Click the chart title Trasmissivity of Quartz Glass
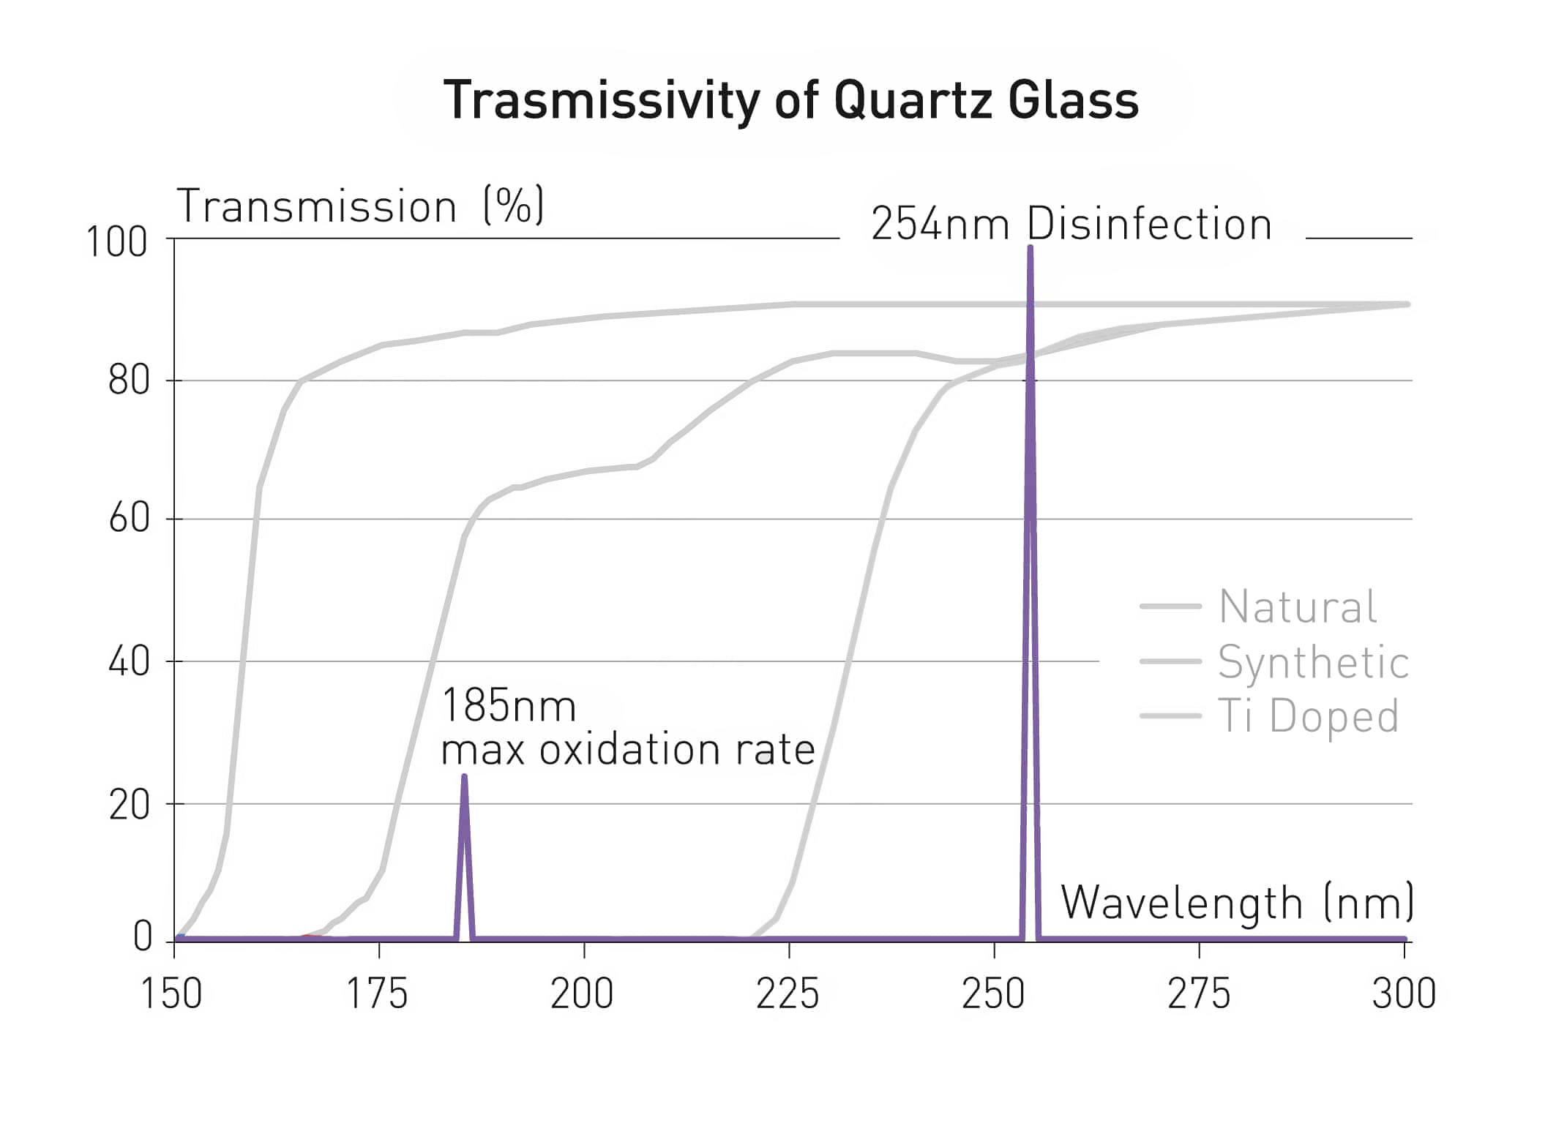click(x=790, y=100)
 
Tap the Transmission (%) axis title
click(x=360, y=206)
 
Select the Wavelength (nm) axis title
click(x=1236, y=903)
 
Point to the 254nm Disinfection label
click(x=1071, y=224)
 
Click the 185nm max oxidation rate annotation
click(x=627, y=728)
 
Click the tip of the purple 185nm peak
click(x=464, y=776)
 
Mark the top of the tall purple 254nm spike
click(x=1030, y=247)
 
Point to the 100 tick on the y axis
click(x=117, y=242)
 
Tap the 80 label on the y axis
click(x=129, y=380)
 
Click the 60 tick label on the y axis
click(x=129, y=519)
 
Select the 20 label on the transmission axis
click(x=129, y=805)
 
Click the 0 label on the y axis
click(x=143, y=937)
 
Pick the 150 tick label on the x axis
click(x=171, y=994)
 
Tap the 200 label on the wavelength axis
click(x=582, y=994)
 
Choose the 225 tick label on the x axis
click(x=788, y=994)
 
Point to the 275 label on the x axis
click(x=1199, y=994)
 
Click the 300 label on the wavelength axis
click(x=1404, y=994)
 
